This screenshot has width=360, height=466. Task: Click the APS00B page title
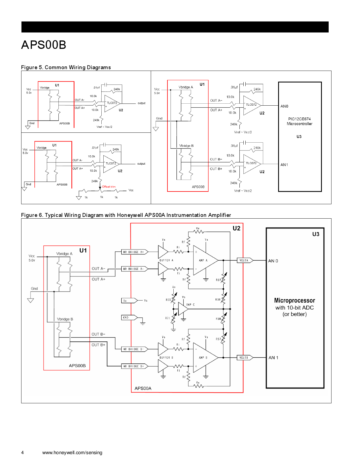pyautogui.click(x=44, y=45)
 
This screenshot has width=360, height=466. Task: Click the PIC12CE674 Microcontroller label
pyautogui.click(x=299, y=121)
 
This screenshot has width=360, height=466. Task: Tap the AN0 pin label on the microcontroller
pyautogui.click(x=284, y=106)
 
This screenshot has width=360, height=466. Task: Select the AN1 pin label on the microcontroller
pyautogui.click(x=284, y=165)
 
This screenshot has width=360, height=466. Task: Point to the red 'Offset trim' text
pyautogui.click(x=109, y=187)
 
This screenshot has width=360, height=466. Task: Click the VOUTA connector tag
pyautogui.click(x=244, y=260)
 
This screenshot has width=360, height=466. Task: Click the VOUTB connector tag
pyautogui.click(x=244, y=358)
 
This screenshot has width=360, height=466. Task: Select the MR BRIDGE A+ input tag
pyautogui.click(x=134, y=252)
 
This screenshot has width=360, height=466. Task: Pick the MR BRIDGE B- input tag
pyautogui.click(x=134, y=349)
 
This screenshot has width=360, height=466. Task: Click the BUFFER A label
pyautogui.click(x=166, y=260)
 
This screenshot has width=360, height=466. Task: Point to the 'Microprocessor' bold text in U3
pyautogui.click(x=294, y=300)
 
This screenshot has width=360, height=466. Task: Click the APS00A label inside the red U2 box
pyautogui.click(x=143, y=388)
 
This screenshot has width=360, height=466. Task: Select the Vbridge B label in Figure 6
pyautogui.click(x=65, y=319)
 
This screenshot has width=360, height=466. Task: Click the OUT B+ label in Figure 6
pyautogui.click(x=98, y=345)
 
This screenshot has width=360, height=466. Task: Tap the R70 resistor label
pyautogui.click(x=168, y=300)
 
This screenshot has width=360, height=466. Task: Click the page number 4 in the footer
pyautogui.click(x=23, y=452)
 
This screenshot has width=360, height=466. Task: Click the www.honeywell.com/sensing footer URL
pyautogui.click(x=72, y=452)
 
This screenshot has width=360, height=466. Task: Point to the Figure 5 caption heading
pyautogui.click(x=66, y=67)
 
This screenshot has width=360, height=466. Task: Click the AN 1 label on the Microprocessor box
pyautogui.click(x=273, y=358)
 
